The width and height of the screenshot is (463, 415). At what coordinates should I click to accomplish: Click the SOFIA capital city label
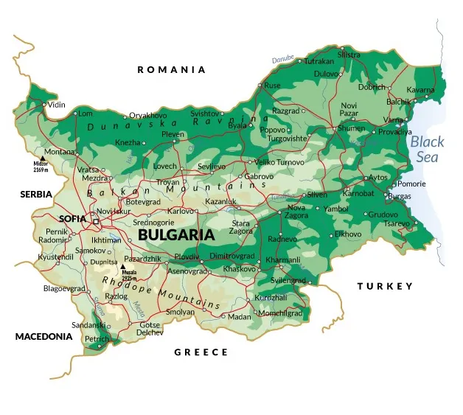click(x=73, y=218)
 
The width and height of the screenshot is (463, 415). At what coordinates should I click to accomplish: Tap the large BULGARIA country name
click(x=176, y=236)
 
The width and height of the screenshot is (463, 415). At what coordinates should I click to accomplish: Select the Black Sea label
click(x=427, y=149)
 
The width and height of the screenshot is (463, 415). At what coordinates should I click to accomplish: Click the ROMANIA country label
click(x=171, y=70)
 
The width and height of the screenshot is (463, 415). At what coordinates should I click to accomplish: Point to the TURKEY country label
click(x=385, y=286)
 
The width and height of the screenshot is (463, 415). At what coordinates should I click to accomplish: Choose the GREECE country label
click(x=201, y=352)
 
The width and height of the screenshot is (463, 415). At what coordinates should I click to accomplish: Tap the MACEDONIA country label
click(x=44, y=336)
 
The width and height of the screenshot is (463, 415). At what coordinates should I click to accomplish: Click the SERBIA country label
click(x=36, y=194)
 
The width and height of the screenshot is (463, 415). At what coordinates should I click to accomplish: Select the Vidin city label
click(x=57, y=105)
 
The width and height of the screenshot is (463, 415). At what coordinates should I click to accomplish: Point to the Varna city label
click(x=393, y=119)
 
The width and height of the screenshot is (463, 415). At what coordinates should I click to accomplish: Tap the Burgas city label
click(x=399, y=196)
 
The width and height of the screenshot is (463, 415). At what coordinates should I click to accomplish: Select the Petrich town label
click(x=97, y=339)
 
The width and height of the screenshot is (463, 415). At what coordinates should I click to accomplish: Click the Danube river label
click(x=282, y=59)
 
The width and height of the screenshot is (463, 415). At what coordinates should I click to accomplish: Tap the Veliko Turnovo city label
click(x=279, y=162)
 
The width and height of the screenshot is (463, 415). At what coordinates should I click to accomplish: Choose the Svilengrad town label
click(x=288, y=281)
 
